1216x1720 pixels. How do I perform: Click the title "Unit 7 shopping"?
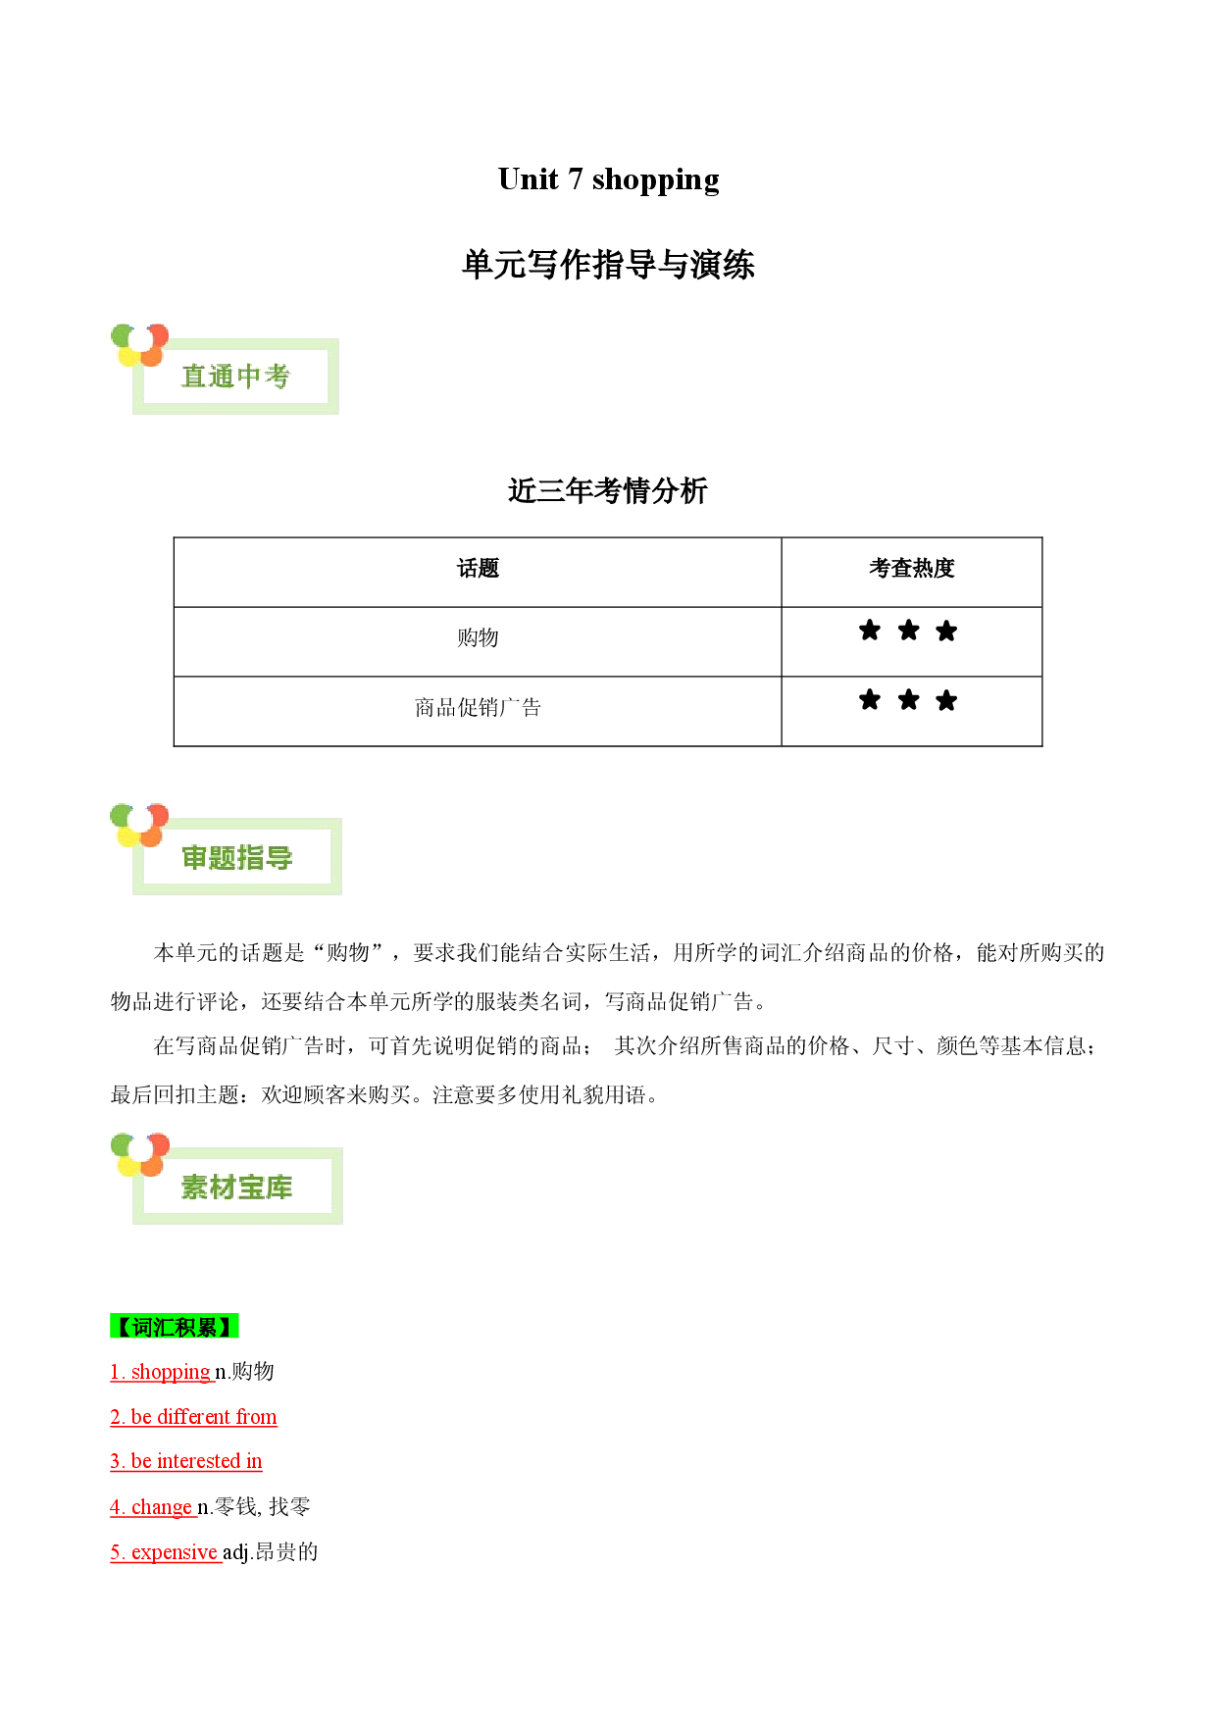(x=608, y=179)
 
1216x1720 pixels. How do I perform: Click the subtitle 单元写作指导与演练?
(x=608, y=265)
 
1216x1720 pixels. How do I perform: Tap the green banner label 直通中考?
(x=235, y=377)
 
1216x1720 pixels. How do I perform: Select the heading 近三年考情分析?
(x=608, y=490)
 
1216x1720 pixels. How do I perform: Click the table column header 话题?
(x=478, y=569)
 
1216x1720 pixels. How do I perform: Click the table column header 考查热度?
(x=912, y=569)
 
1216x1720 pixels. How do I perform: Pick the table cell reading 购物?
(x=478, y=638)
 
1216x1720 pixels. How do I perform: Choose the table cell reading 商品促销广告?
(x=478, y=708)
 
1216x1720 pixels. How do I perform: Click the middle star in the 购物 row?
(x=909, y=631)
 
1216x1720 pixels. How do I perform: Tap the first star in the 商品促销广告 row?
(x=870, y=700)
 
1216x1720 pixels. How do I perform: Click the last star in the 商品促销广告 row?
(x=946, y=700)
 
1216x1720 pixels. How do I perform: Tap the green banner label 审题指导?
(x=237, y=858)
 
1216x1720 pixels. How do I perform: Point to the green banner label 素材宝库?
(x=237, y=1188)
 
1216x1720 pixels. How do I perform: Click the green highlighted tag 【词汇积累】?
(x=175, y=1327)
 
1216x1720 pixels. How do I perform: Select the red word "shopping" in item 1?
(x=171, y=1373)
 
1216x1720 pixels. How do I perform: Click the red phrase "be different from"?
(x=204, y=1417)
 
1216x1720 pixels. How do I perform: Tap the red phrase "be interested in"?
(x=196, y=1461)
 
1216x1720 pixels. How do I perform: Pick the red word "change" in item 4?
(x=162, y=1507)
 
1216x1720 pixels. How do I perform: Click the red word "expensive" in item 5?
(x=175, y=1552)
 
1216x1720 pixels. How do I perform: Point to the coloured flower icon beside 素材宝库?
(x=140, y=1154)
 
